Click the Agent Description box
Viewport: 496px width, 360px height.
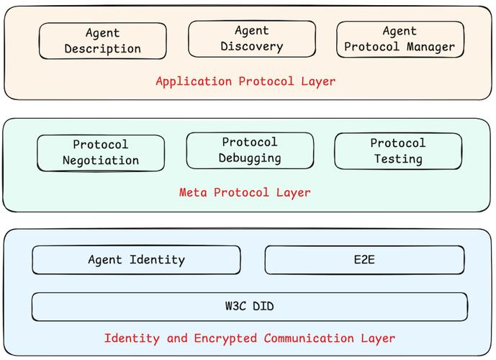pos(102,41)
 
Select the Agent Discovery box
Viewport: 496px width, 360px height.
pos(251,39)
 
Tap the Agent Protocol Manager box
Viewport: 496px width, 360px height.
pos(400,40)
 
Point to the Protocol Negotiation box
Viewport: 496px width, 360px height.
pos(101,153)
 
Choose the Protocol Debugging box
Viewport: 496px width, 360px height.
pos(250,150)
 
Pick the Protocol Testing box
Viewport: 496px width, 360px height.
pos(398,151)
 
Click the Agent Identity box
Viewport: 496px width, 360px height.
pos(136,260)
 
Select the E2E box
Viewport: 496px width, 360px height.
pos(364,260)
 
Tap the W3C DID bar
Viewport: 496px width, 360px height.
pos(249,307)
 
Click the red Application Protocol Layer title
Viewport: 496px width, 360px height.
pos(245,81)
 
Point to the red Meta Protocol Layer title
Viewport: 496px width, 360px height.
pos(245,193)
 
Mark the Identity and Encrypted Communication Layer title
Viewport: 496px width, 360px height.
pos(249,338)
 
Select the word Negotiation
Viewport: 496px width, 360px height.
pos(101,161)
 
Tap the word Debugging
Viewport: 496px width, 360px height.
pos(250,158)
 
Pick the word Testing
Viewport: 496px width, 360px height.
pos(398,159)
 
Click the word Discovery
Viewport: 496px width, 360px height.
pos(251,47)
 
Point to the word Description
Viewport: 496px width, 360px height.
pos(102,49)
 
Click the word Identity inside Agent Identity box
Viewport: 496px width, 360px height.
pos(157,260)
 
